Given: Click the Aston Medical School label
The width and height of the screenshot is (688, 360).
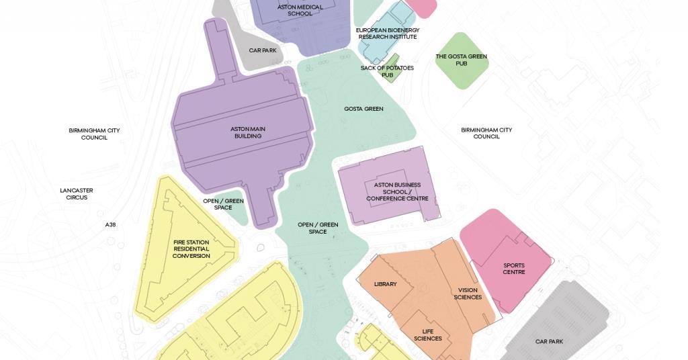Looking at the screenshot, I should tap(300, 10).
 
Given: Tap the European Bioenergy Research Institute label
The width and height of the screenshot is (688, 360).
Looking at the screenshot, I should tap(387, 34).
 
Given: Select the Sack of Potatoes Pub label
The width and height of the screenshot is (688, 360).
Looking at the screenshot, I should tap(387, 71).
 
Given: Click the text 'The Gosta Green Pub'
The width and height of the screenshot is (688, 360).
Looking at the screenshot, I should tap(461, 60).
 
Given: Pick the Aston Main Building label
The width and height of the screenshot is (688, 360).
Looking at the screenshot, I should tap(246, 132).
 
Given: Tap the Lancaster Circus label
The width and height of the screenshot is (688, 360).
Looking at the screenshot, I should tap(77, 193).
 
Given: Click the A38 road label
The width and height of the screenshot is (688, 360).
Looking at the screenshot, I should tap(110, 224).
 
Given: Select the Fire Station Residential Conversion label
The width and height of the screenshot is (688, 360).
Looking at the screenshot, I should tap(191, 249).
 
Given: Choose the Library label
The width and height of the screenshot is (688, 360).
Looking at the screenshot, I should tap(385, 284).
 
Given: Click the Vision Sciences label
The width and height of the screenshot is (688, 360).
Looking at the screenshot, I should tap(468, 294).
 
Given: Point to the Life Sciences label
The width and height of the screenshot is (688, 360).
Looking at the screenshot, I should tap(432, 334).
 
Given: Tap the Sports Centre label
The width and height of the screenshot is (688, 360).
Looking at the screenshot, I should tap(514, 269).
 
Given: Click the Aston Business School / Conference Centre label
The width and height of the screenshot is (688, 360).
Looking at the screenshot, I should tap(397, 191).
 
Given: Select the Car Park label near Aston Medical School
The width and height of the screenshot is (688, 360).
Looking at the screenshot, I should tap(263, 50).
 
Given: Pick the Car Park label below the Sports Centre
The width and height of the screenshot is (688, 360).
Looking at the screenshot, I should tap(549, 341).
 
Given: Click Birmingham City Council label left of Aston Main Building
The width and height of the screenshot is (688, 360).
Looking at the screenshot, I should tap(94, 134).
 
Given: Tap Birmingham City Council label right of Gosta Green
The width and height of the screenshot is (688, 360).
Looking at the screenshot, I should tap(486, 133).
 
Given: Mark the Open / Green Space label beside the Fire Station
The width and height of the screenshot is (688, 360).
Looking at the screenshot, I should tap(223, 204).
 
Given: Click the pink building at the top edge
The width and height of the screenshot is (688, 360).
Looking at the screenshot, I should tap(421, 7).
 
